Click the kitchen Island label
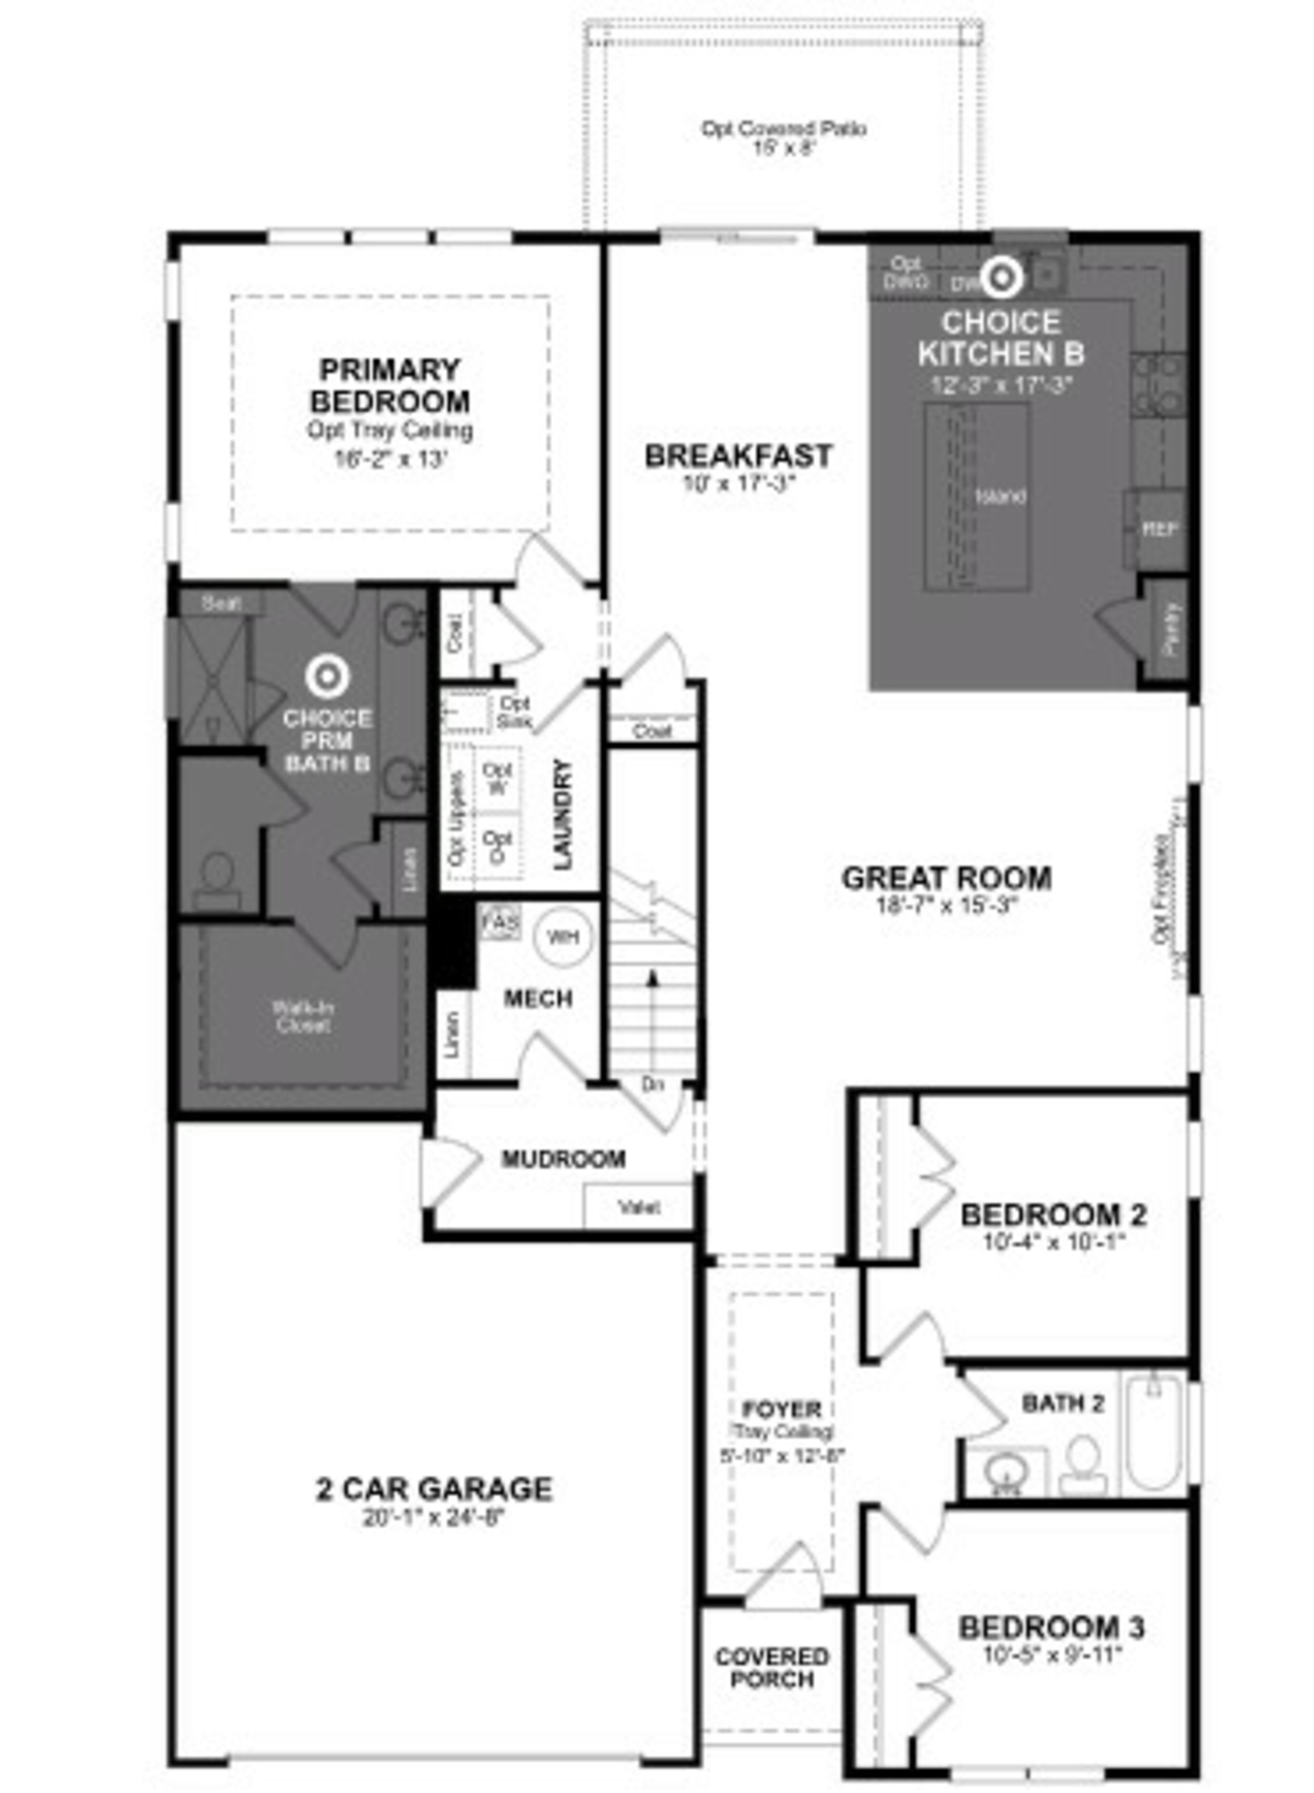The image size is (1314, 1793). [x=1000, y=496]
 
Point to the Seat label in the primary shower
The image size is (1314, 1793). [x=220, y=603]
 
